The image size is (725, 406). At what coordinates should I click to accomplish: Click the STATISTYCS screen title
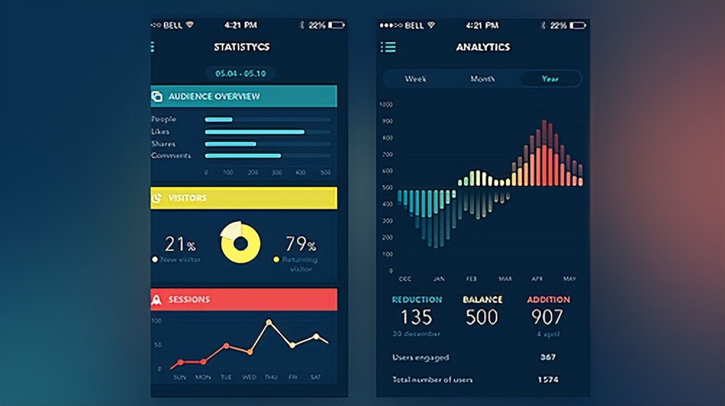[x=241, y=47]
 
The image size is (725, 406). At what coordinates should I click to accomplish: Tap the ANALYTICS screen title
[x=483, y=47]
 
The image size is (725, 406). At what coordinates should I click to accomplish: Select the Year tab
[x=550, y=78]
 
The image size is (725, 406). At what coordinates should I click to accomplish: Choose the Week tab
[x=415, y=78]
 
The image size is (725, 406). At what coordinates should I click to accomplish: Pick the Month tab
[x=482, y=78]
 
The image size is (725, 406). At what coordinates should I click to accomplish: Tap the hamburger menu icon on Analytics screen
[x=389, y=47]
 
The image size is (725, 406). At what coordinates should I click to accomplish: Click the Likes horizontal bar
[x=254, y=132]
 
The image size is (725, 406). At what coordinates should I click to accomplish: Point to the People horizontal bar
[x=219, y=120]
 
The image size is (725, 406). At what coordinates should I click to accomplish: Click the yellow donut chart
[x=240, y=242]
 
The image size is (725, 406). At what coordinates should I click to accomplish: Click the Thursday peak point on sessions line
[x=269, y=321]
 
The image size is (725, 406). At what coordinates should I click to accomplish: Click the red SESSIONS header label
[x=188, y=299]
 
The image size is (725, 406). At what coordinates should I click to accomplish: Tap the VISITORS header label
[x=187, y=198]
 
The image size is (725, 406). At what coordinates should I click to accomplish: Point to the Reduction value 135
[x=416, y=317]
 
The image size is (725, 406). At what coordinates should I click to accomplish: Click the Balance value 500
[x=482, y=317]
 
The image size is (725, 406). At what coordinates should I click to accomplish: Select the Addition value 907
[x=547, y=317]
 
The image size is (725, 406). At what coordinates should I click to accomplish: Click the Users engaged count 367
[x=547, y=357]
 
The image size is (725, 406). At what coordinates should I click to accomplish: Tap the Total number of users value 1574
[x=547, y=379]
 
